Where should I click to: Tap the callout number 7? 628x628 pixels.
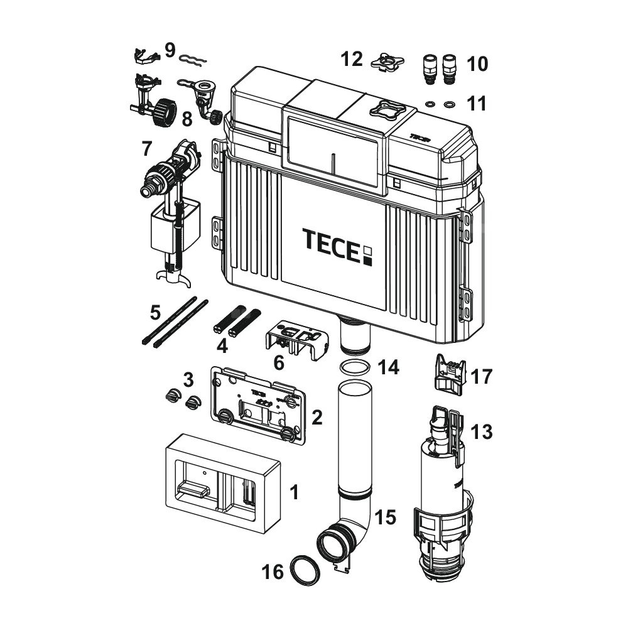pyautogui.click(x=146, y=149)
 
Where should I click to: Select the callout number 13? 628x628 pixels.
pyautogui.click(x=483, y=432)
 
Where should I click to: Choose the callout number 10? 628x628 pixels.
pyautogui.click(x=477, y=64)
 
